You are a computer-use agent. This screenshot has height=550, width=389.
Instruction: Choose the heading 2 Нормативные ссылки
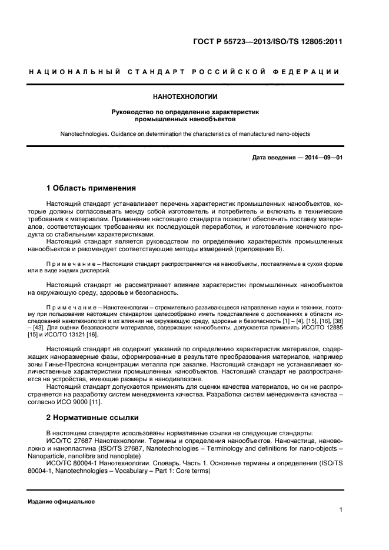tap(92, 418)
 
